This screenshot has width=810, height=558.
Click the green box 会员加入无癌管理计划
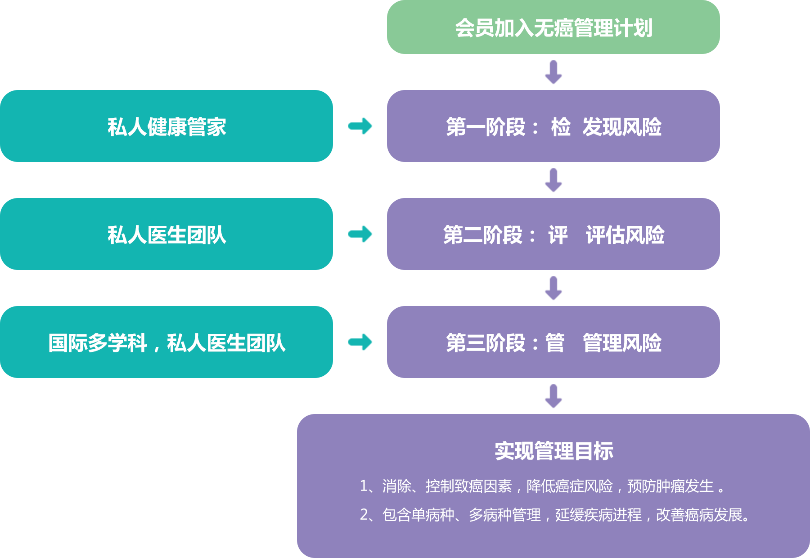pyautogui.click(x=553, y=27)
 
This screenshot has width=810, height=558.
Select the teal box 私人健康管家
pyautogui.click(x=166, y=126)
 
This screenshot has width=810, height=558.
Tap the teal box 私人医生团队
pyautogui.click(x=166, y=234)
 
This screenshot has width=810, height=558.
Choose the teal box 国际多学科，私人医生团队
pyautogui.click(x=166, y=342)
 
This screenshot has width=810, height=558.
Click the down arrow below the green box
pyautogui.click(x=553, y=72)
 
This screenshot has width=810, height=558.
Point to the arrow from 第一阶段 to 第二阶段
pyautogui.click(x=553, y=180)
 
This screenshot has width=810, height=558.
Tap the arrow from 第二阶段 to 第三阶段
pyautogui.click(x=553, y=288)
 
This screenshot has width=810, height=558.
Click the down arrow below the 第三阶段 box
pyautogui.click(x=553, y=396)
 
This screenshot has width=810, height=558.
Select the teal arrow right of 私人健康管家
pyautogui.click(x=360, y=126)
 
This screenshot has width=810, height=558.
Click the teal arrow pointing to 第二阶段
pyautogui.click(x=360, y=234)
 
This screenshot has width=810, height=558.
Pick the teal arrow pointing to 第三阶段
pyautogui.click(x=360, y=342)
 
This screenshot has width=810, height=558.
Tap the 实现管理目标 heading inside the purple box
pyautogui.click(x=553, y=451)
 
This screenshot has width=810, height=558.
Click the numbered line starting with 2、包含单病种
pyautogui.click(x=555, y=515)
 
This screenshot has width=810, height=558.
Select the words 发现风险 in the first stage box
pyautogui.click(x=622, y=127)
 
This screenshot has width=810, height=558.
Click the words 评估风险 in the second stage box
pyautogui.click(x=625, y=235)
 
